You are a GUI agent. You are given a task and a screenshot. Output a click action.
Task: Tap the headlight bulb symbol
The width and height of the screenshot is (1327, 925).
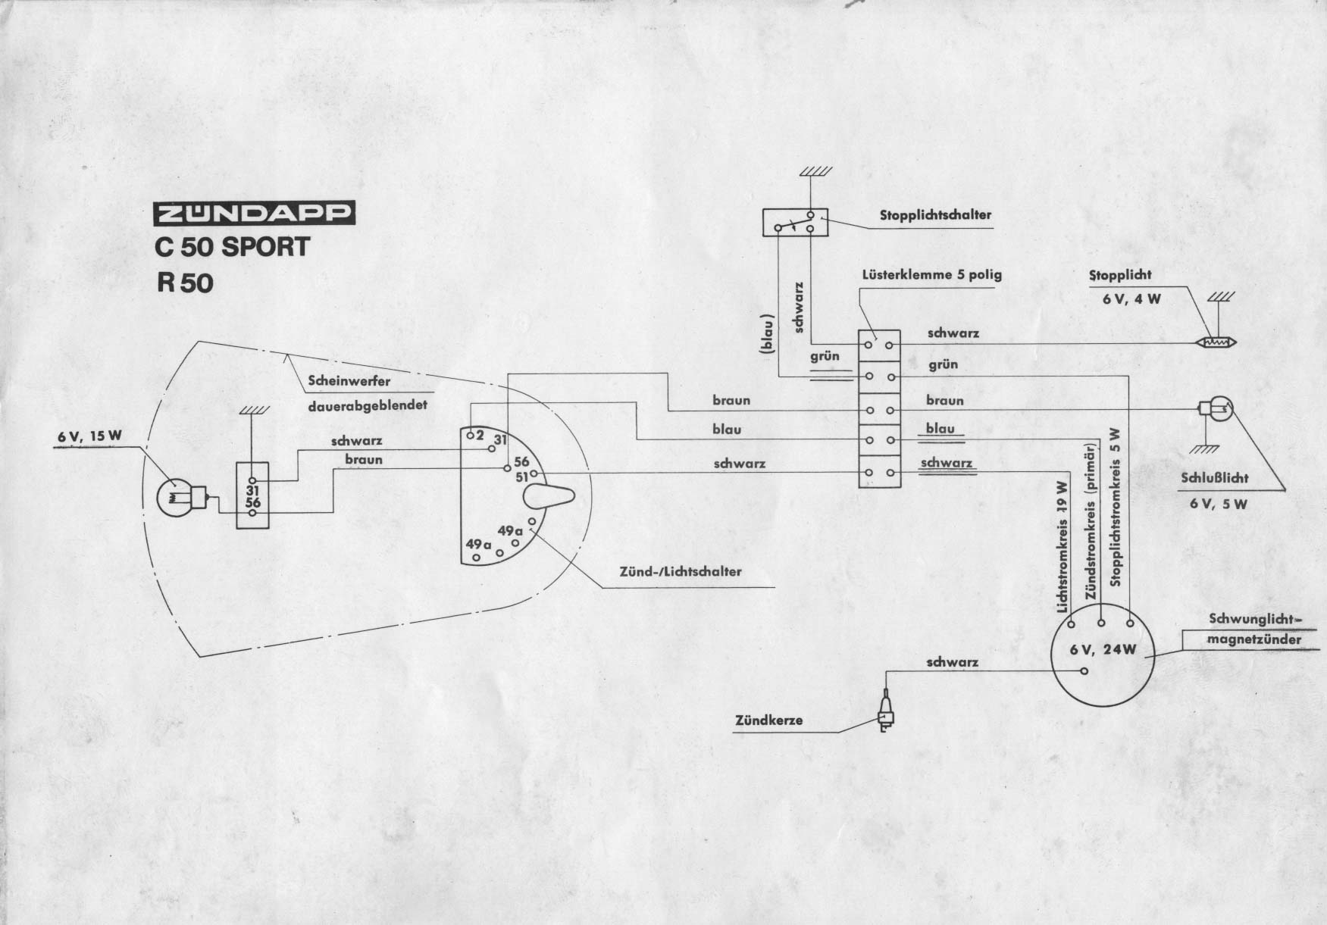point(177,495)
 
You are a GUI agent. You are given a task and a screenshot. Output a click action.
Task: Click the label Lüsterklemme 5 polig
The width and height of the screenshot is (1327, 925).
point(931,274)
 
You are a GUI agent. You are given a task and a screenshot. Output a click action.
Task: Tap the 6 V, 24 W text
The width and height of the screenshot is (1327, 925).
point(1103,649)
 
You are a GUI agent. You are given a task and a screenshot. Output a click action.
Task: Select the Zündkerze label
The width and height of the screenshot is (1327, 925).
point(768,720)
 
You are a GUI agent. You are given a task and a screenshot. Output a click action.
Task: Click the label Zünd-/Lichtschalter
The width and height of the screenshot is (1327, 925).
point(681,571)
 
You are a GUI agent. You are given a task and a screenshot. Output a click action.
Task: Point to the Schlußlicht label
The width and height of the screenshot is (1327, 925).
point(1214,478)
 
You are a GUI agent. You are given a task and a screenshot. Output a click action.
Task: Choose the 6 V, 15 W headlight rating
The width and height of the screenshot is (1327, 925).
point(89,436)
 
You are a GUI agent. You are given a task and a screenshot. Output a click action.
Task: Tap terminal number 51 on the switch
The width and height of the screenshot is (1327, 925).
point(521,477)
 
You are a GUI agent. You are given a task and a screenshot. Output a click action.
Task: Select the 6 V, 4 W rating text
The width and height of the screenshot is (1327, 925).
point(1131,298)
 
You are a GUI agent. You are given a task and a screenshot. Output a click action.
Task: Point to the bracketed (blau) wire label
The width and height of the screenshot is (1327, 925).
point(768,333)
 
